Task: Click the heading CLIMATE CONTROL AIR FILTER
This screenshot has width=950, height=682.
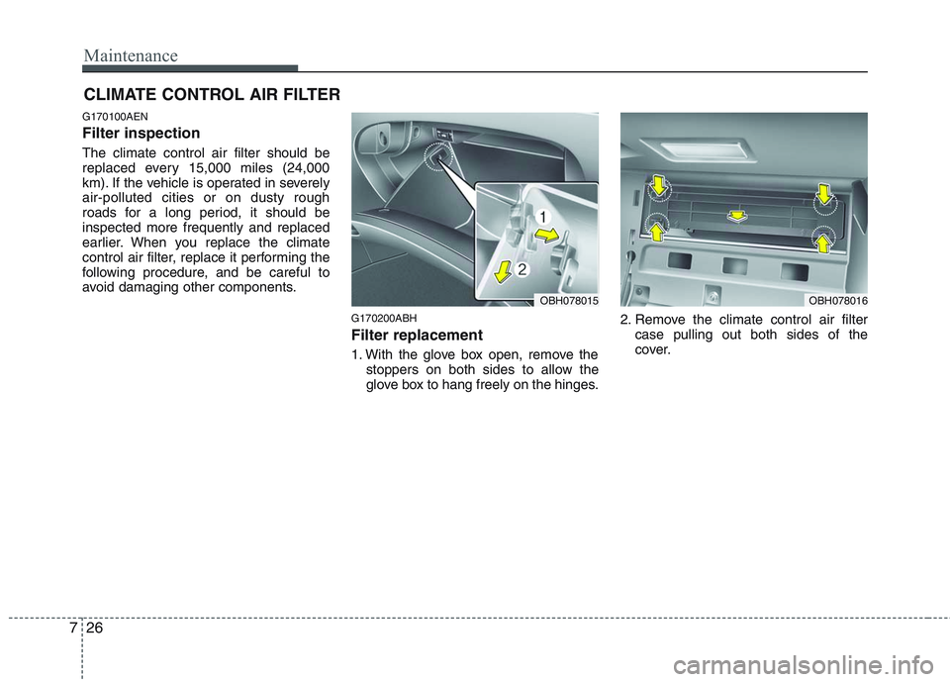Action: point(212,94)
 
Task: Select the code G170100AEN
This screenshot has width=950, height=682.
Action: point(115,117)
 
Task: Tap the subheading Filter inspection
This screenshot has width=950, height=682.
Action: point(141,133)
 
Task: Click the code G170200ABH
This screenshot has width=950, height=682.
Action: point(384,319)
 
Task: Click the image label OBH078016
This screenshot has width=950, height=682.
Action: point(837,299)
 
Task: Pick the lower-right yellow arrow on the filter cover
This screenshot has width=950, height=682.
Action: point(821,241)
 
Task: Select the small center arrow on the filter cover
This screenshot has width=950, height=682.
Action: point(735,214)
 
